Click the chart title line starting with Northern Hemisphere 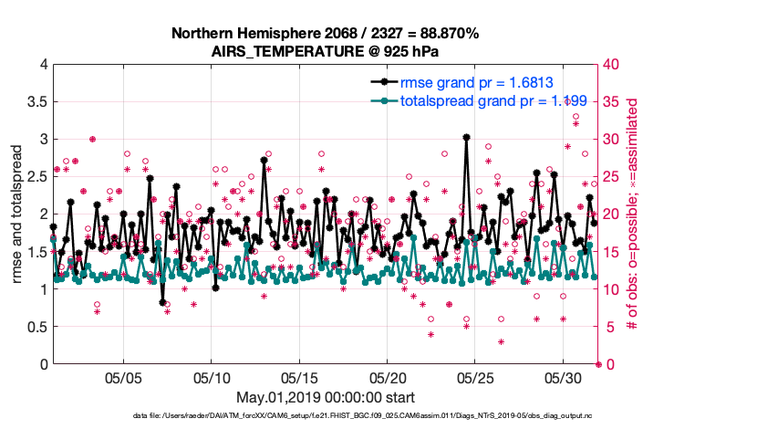(326, 34)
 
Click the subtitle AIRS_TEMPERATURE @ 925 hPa (326, 51)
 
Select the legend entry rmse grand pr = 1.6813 (476, 82)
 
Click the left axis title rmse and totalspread (17, 214)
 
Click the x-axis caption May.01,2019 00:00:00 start (326, 398)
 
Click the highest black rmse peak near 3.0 (466, 137)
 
